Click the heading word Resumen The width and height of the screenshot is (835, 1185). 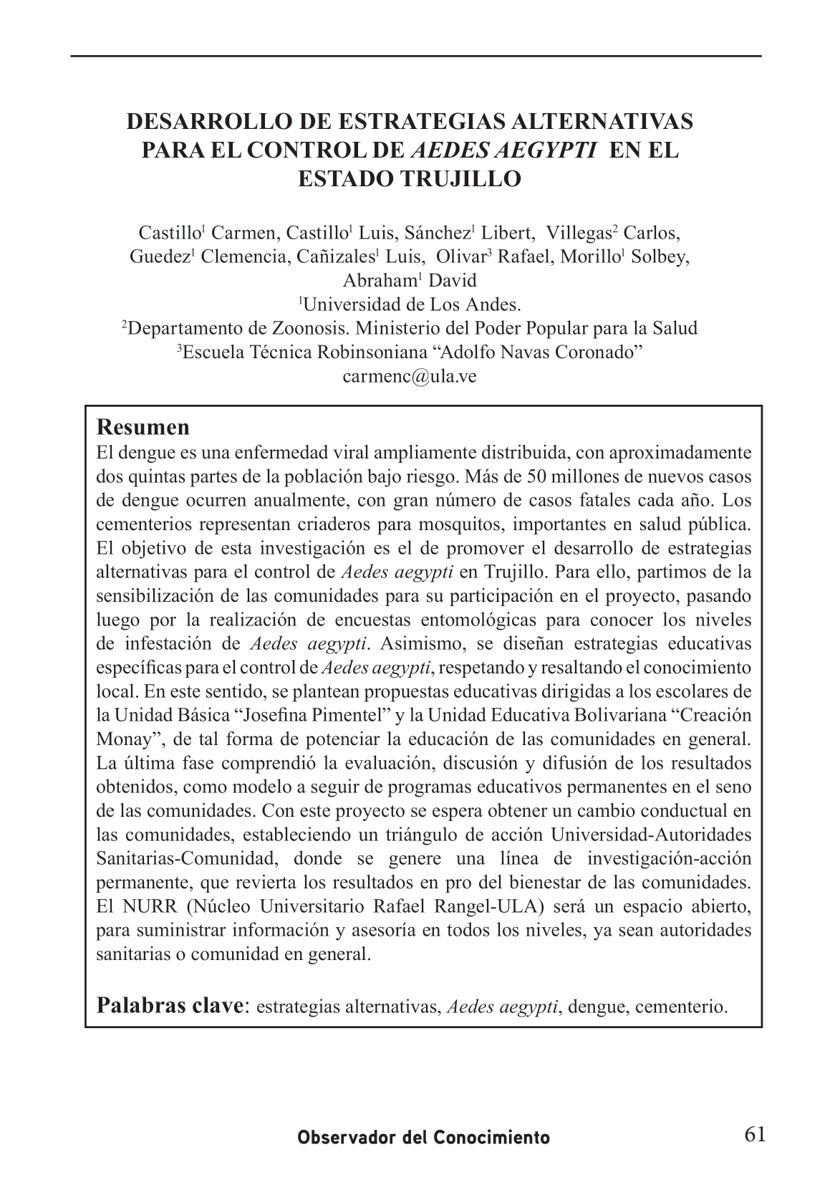coord(143,428)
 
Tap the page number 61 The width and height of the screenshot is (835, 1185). coord(755,1135)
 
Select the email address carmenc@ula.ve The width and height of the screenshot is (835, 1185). coord(410,376)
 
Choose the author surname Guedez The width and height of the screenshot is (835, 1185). coord(158,257)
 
